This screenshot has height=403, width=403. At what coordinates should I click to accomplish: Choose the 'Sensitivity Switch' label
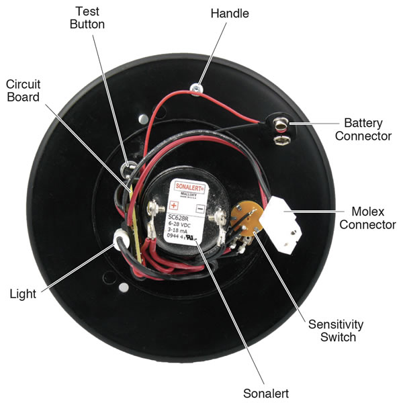(x=336, y=330)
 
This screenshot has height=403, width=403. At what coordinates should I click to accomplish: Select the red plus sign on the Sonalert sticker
(x=173, y=204)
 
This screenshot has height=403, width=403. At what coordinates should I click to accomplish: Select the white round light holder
(x=123, y=238)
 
